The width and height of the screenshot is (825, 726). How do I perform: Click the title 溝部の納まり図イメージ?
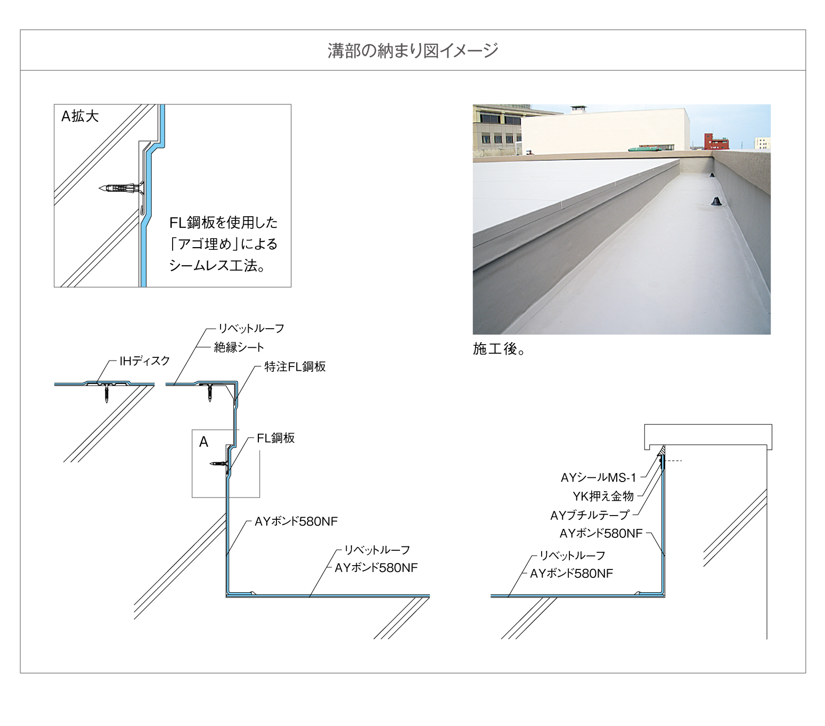coord(412,51)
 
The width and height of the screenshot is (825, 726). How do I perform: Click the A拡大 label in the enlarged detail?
coord(80,117)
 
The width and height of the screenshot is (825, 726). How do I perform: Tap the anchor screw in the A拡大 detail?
coord(121,189)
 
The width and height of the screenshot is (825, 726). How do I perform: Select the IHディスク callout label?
coord(144,361)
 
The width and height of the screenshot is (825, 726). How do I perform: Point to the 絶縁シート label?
coord(239,347)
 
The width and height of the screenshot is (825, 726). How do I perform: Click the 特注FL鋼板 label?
coord(295,367)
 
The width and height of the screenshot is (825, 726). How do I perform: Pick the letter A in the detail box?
coord(203,442)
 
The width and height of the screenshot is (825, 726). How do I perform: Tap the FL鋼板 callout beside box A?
coord(276,438)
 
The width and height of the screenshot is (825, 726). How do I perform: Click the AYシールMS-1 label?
coord(598,478)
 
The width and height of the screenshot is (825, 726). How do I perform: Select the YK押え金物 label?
coord(603,496)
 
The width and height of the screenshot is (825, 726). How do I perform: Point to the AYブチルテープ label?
coord(590,516)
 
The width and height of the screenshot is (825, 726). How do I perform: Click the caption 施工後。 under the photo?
coord(499,349)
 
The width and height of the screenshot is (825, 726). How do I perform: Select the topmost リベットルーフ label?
coord(251,328)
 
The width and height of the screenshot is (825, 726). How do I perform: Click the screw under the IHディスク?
coord(107,393)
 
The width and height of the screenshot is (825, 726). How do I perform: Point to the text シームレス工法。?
coord(217,266)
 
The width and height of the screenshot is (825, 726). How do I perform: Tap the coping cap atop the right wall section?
coord(708,436)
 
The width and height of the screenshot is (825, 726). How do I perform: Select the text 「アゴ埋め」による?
coord(224,244)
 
